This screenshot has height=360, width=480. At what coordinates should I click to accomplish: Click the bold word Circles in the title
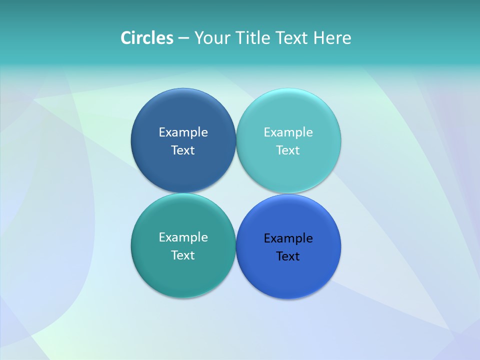147,38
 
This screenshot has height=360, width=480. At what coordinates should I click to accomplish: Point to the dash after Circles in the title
183,38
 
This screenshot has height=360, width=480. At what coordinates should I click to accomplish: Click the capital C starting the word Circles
125,38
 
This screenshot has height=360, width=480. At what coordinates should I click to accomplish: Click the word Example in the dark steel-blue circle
183,132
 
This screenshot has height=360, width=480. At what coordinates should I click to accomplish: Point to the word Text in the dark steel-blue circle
183,150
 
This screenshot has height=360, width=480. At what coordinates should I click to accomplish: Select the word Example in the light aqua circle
288,132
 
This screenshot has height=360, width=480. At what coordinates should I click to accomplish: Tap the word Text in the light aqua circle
288,150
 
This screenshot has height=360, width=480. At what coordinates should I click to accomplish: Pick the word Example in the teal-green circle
183,237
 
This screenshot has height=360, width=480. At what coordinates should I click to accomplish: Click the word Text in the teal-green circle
183,255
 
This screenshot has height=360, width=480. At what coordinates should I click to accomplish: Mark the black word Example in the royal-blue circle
288,238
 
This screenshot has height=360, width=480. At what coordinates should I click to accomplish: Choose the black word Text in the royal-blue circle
288,256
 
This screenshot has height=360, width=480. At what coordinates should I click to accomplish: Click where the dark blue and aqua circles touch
236,140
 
